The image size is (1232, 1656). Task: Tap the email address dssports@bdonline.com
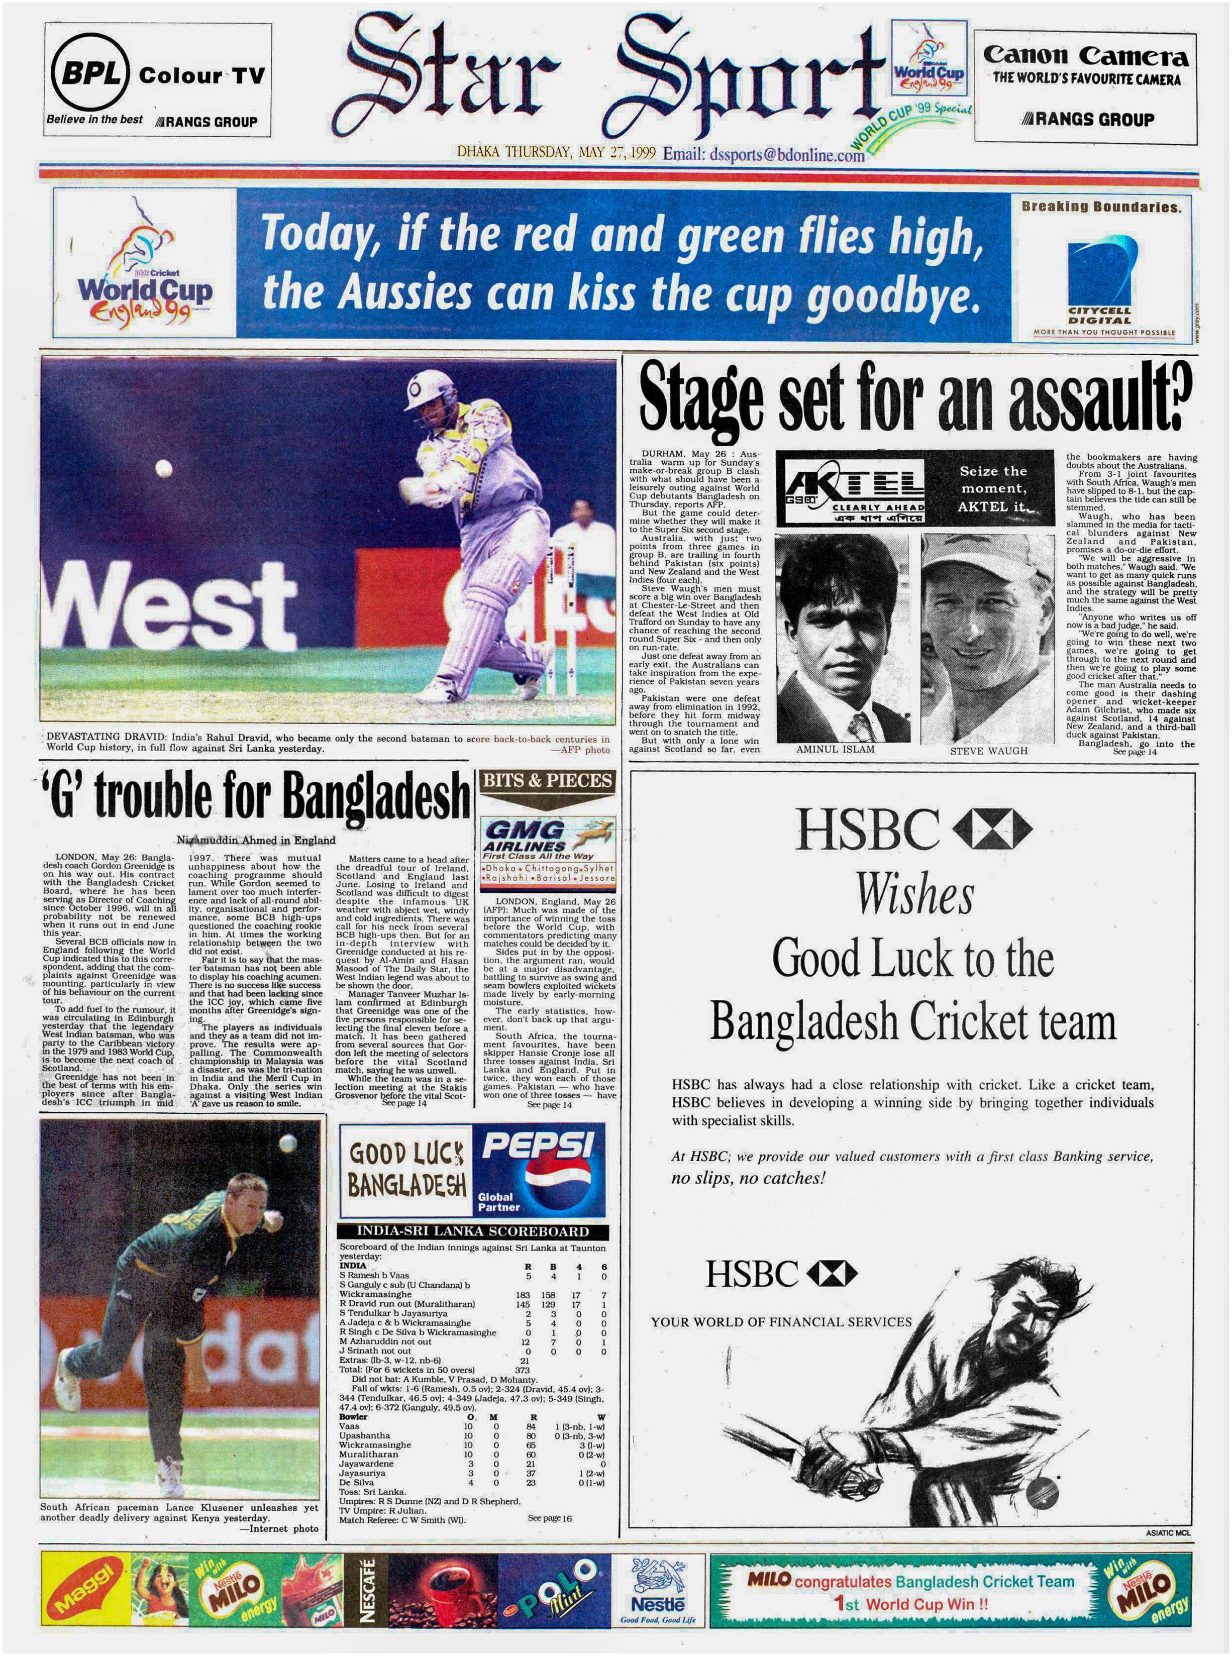click(764, 154)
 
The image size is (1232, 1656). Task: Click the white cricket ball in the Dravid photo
click(163, 469)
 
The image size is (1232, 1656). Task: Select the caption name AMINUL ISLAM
click(835, 749)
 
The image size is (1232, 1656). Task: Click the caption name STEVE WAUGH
click(988, 751)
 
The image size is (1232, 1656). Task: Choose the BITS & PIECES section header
click(547, 781)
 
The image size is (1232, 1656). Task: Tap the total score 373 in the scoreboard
click(522, 1370)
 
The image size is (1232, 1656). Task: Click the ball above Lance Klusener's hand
click(287, 1143)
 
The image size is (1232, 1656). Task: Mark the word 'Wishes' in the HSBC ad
click(914, 893)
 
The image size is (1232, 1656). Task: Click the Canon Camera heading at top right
click(1085, 56)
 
